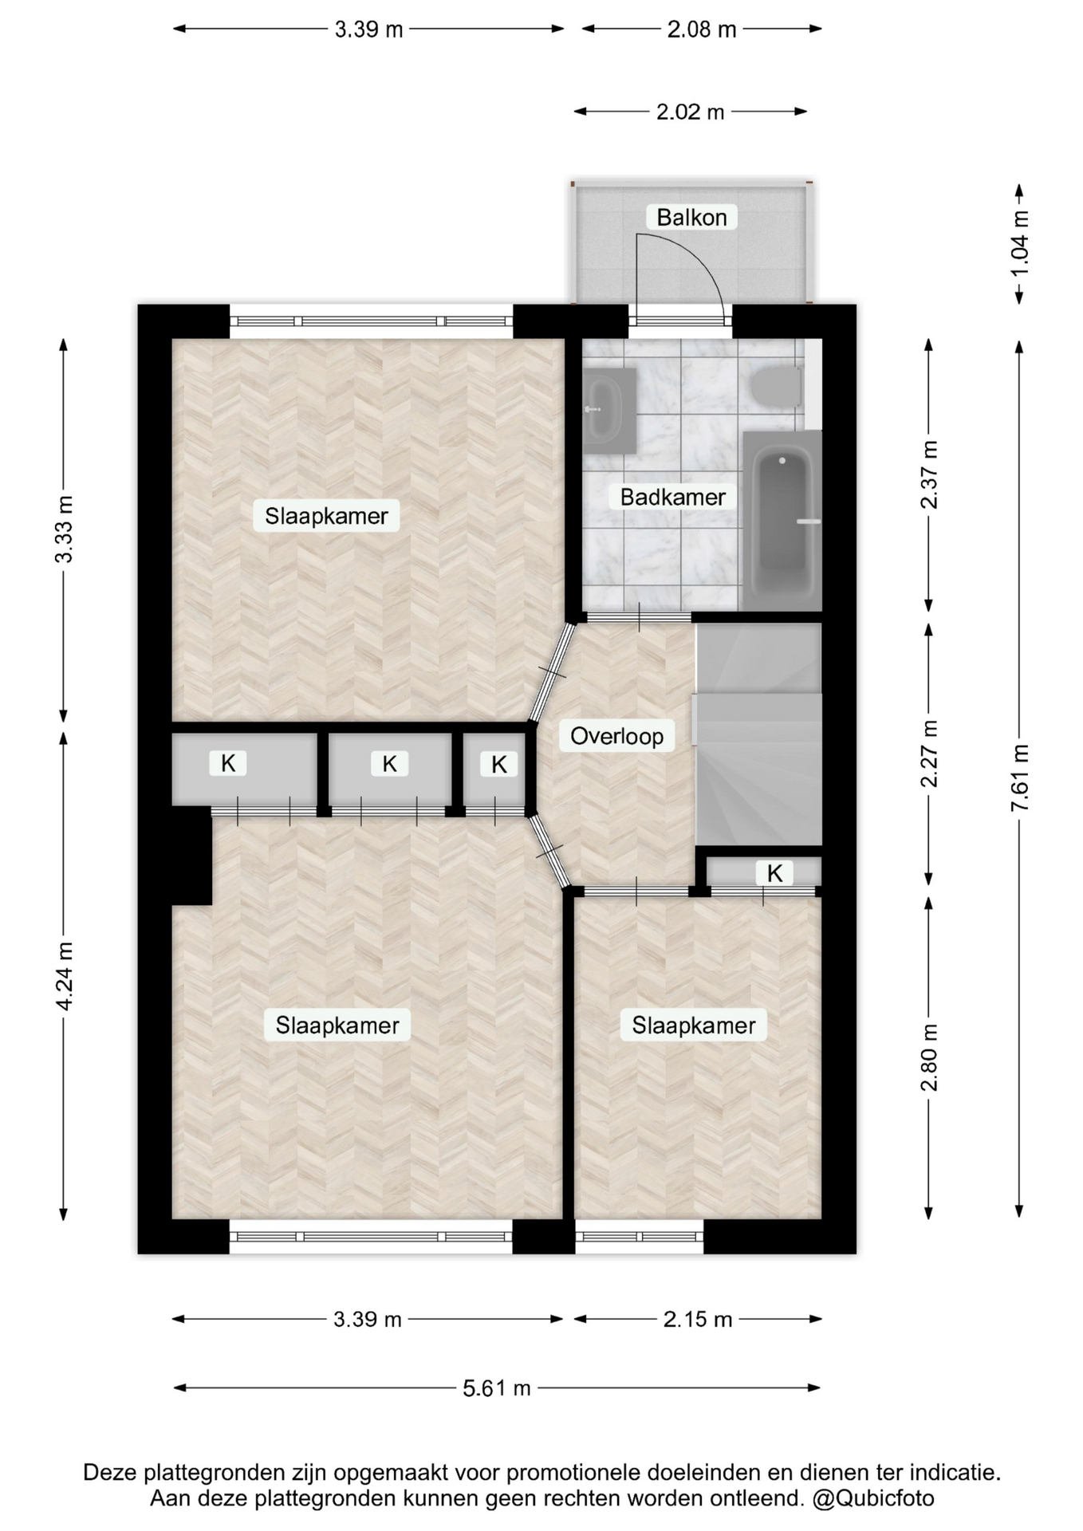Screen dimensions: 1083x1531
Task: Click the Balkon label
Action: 691,217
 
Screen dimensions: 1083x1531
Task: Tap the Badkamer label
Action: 673,497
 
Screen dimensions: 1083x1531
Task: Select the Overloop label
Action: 616,735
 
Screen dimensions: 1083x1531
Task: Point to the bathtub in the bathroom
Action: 782,521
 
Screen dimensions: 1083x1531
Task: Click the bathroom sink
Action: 608,409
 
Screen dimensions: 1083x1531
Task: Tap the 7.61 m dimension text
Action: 1020,777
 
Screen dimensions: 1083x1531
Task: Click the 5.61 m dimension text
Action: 497,1388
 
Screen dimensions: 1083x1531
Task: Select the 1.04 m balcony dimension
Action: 1020,243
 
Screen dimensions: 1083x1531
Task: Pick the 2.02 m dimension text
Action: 691,112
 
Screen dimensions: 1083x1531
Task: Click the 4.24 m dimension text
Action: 65,976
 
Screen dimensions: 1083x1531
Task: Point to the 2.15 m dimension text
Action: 698,1320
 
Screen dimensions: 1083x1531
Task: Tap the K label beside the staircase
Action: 774,873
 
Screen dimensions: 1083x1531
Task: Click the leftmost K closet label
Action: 228,763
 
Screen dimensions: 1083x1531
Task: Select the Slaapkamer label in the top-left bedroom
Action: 326,516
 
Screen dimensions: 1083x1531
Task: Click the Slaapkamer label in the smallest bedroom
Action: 694,1025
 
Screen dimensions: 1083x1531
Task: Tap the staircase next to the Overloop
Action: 758,734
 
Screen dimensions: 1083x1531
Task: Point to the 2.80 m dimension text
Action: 929,1057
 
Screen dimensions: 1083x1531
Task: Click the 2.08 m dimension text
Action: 702,30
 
